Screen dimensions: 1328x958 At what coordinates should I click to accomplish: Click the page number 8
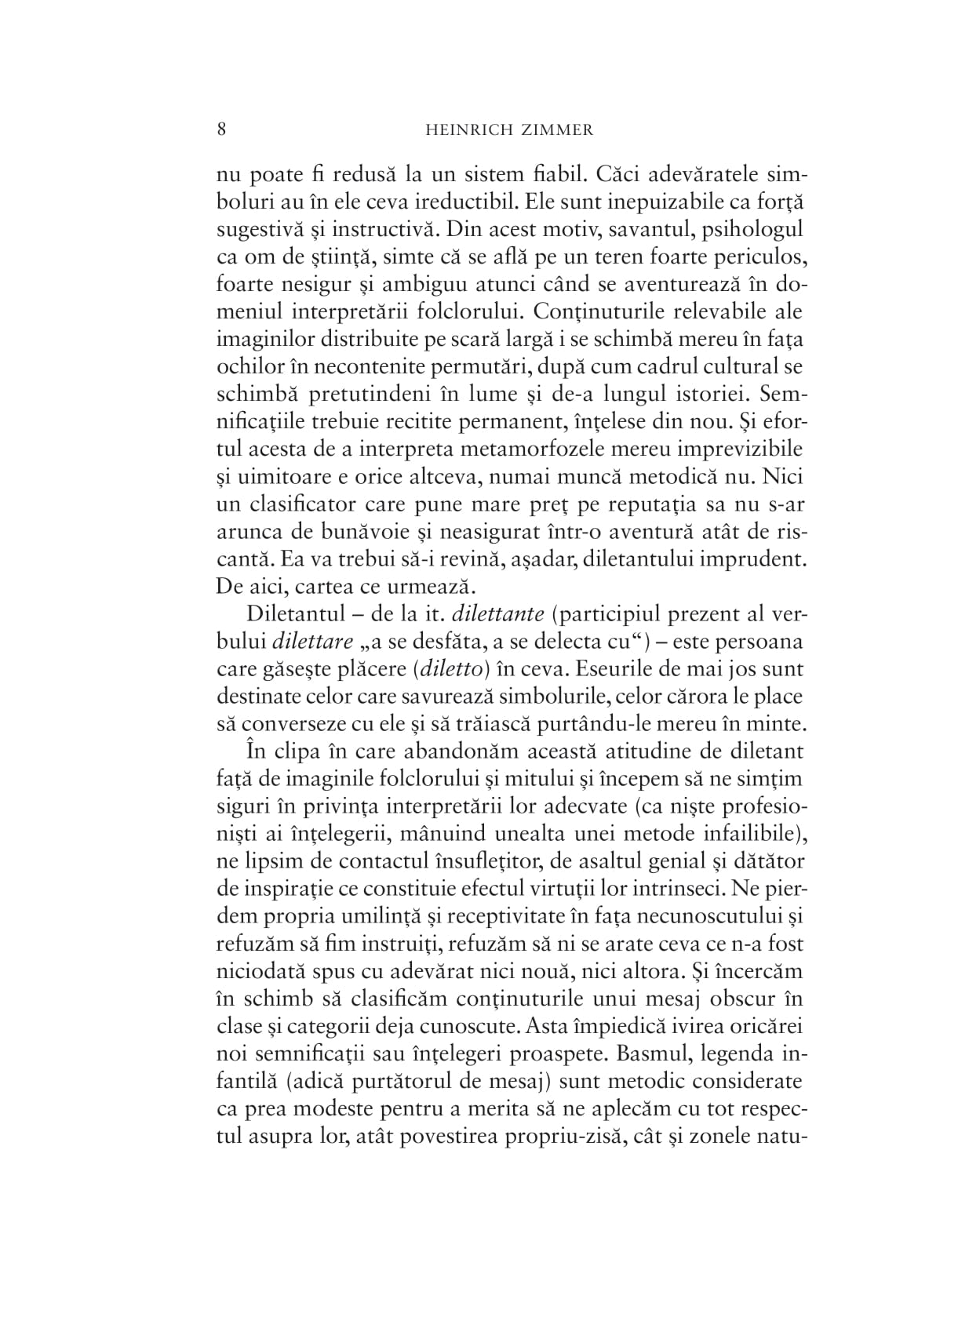pos(221,129)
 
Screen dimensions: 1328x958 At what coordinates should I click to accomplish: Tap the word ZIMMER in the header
pos(560,130)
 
